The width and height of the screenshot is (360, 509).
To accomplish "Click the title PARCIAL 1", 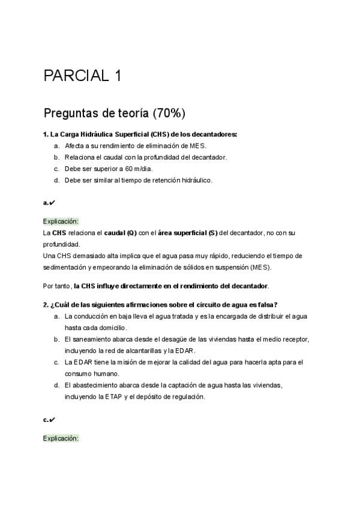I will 83,76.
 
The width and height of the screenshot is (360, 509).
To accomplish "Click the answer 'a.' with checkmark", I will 49,203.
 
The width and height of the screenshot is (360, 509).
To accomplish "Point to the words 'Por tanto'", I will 56,286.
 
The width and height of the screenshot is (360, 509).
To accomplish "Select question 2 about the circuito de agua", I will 160,304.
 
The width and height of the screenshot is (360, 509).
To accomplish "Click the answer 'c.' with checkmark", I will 49,420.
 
